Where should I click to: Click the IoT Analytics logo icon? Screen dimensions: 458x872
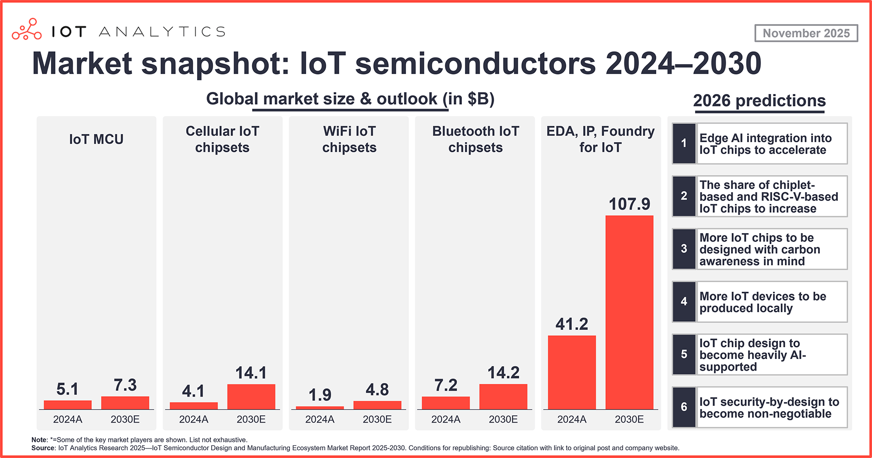[x=26, y=30]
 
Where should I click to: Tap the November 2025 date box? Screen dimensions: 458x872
[x=806, y=33]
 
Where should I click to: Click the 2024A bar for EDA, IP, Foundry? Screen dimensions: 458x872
[x=571, y=372]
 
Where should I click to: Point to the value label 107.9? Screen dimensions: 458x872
[x=629, y=204]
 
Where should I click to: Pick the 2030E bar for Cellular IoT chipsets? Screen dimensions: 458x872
[x=251, y=397]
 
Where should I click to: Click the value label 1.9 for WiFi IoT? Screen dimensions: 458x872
[x=320, y=394]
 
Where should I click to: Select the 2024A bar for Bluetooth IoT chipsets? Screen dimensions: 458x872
[x=446, y=403]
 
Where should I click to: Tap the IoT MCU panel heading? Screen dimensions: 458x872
[x=96, y=139]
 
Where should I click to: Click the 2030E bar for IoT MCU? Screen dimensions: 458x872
[x=125, y=403]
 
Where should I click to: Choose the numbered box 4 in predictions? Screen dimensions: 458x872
[x=684, y=302]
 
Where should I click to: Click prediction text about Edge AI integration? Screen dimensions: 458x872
[x=766, y=144]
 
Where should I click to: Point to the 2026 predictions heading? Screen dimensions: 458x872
[x=759, y=100]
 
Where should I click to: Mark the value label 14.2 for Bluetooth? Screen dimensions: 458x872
[x=503, y=373]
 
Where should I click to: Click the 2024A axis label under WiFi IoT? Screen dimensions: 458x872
[x=320, y=419]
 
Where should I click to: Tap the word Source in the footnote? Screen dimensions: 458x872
[x=43, y=448]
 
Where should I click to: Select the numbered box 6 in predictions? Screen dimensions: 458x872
[x=684, y=407]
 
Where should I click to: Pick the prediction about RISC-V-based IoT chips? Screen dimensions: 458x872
[x=768, y=197]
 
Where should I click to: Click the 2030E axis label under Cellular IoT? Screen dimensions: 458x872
[x=251, y=419]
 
